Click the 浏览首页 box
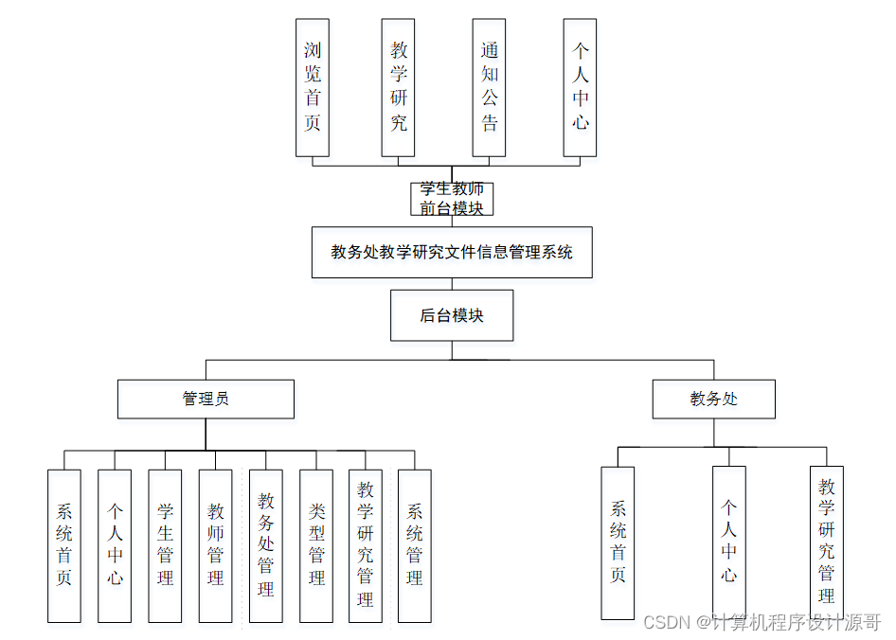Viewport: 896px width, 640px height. click(x=313, y=87)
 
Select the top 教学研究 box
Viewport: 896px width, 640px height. click(x=399, y=87)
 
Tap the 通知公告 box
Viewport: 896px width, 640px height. click(x=489, y=87)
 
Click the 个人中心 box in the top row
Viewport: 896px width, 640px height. click(x=580, y=87)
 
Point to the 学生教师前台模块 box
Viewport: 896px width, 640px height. click(x=452, y=199)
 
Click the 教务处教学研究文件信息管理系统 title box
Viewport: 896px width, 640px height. click(x=452, y=252)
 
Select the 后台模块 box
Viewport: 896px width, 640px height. click(x=452, y=315)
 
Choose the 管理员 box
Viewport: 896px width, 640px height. click(x=206, y=399)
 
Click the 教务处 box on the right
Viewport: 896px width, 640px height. click(x=713, y=399)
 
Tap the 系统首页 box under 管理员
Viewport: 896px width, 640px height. click(x=64, y=545)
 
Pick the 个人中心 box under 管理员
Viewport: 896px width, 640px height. click(x=115, y=545)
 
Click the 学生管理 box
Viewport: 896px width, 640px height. click(x=165, y=545)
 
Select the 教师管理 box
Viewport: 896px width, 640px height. click(x=215, y=545)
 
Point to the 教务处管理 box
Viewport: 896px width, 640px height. click(x=266, y=545)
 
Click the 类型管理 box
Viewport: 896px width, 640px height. click(x=316, y=545)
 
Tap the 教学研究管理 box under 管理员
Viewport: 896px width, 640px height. click(x=366, y=545)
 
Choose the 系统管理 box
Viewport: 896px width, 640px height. click(x=415, y=545)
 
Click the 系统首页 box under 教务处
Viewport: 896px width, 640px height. click(x=618, y=542)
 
